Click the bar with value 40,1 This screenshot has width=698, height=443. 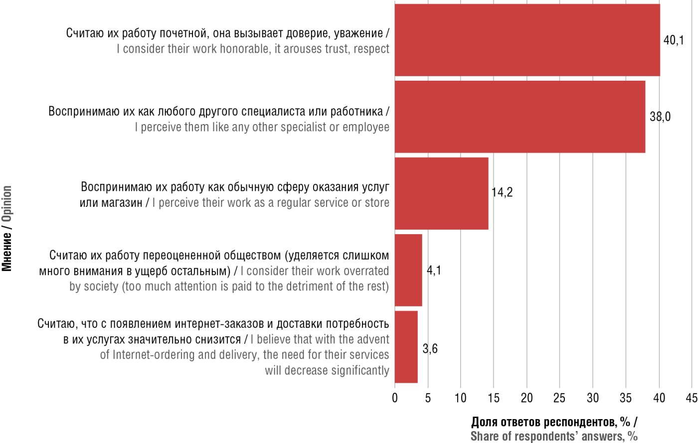coord(527,40)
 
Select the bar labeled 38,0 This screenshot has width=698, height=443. coord(520,117)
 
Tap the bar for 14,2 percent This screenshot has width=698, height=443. coord(441,193)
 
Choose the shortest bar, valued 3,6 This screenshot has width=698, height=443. coord(406,347)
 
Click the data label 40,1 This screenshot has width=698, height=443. coord(674,40)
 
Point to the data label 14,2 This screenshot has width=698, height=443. coord(502,192)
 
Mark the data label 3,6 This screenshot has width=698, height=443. coord(430,348)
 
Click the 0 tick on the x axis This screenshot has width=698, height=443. coord(395,398)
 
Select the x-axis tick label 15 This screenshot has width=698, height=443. coord(494,398)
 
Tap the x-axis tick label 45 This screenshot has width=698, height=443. coord(692,398)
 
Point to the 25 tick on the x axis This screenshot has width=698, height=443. coord(559,398)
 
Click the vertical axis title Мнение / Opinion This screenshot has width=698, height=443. coord(6,228)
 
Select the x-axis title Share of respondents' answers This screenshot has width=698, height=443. coord(553,437)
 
